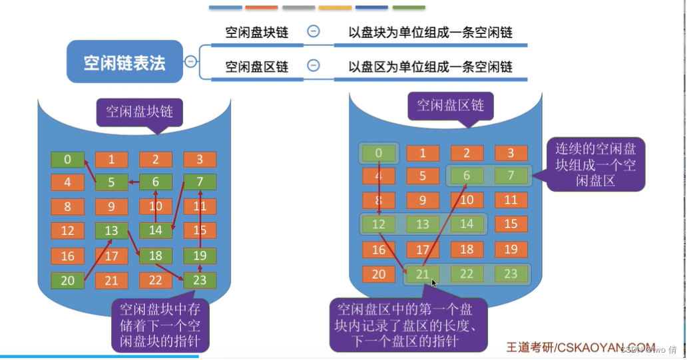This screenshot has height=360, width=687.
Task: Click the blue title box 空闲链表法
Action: [x=124, y=62]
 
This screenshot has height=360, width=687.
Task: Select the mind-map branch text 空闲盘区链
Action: [x=256, y=66]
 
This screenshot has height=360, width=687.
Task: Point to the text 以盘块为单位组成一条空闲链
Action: [x=431, y=31]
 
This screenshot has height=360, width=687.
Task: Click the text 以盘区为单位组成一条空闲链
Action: [x=431, y=66]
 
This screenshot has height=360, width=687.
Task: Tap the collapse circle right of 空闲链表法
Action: [x=191, y=62]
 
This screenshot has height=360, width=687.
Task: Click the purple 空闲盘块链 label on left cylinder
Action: [x=139, y=111]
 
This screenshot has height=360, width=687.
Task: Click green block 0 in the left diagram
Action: [x=68, y=160]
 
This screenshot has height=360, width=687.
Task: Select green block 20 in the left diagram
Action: [x=68, y=280]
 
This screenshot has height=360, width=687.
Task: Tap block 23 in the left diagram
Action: [x=200, y=280]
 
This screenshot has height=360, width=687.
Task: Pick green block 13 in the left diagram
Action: [x=112, y=231]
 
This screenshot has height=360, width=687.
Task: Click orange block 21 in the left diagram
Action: [x=112, y=280]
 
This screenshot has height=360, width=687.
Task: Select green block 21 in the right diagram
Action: [x=423, y=273]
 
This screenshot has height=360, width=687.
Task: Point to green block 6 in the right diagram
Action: [x=467, y=176]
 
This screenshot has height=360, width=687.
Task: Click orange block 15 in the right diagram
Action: [x=511, y=224]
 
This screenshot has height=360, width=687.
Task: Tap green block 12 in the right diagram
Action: [x=379, y=224]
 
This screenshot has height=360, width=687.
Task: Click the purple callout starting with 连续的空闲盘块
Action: [x=595, y=164]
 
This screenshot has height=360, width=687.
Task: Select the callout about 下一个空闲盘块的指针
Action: [x=160, y=325]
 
